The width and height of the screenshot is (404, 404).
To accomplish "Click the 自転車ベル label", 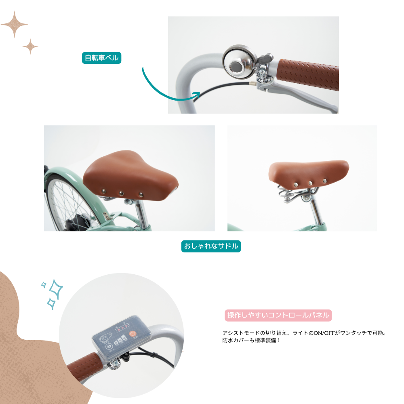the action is [101, 58].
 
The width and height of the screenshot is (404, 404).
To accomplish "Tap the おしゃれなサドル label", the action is [211, 246].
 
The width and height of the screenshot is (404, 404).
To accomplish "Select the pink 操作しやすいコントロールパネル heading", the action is [278, 315].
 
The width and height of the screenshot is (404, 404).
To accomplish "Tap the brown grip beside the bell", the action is [308, 74].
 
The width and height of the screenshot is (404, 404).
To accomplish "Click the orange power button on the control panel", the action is [133, 334].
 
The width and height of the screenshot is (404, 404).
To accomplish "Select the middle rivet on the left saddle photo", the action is [121, 193].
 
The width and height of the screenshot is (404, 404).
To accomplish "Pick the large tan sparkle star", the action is [14, 25].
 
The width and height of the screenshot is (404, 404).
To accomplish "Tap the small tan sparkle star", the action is [30, 46].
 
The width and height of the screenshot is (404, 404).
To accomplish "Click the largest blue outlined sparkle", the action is [56, 289].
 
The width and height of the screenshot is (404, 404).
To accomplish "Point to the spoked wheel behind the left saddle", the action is [67, 204].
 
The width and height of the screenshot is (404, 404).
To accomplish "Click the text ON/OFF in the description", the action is [324, 333].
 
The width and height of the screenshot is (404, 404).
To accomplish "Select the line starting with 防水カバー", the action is [251, 340].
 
